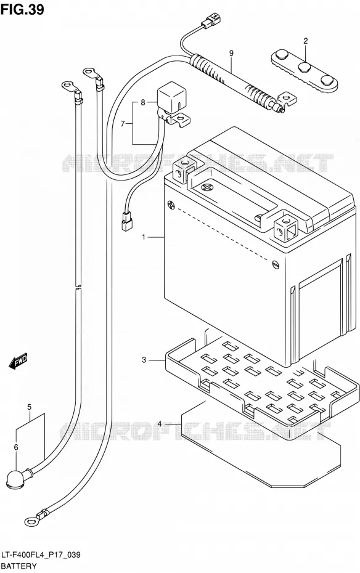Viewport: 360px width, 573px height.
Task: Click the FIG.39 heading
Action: click(22, 9)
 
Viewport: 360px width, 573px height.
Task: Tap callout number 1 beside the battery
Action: click(144, 238)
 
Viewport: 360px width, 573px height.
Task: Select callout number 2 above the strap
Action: click(306, 41)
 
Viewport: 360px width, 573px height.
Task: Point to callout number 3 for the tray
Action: click(144, 360)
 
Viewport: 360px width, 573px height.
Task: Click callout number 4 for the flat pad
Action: click(160, 424)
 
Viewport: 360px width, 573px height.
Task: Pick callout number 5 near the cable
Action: click(29, 407)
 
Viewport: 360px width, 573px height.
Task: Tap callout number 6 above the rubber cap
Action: click(15, 447)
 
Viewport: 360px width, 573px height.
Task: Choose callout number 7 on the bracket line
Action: click(123, 124)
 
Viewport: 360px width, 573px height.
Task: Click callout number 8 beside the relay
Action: click(142, 102)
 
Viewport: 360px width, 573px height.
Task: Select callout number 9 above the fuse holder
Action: click(231, 54)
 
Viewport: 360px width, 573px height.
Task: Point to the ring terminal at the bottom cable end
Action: click(31, 521)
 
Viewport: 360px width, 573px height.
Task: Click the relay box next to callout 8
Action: click(170, 99)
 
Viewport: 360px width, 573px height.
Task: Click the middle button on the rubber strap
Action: click(304, 68)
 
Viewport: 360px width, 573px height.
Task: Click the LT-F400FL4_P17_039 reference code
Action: click(41, 556)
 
